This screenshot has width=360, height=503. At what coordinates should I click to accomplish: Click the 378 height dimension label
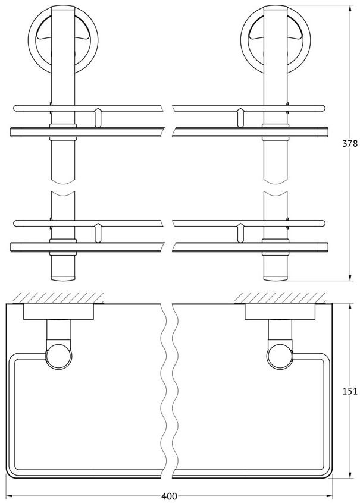349,143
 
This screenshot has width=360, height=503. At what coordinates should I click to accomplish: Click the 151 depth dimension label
349,391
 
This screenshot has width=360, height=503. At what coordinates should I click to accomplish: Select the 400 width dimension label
169,496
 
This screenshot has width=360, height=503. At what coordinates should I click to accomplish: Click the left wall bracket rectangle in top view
59,312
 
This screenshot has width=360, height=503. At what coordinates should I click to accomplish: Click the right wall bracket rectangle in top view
280,312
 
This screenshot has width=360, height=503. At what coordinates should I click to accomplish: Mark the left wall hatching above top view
59,297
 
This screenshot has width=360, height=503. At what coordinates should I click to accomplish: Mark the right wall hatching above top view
281,297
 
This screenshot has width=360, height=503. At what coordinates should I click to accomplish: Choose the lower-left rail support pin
98,232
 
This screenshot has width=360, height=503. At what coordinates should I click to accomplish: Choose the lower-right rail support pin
240,232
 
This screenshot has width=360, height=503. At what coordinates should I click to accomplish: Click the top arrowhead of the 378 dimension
350,9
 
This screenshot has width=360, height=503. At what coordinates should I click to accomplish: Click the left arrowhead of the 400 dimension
10,496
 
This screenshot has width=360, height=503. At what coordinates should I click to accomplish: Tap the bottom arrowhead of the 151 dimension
350,483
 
